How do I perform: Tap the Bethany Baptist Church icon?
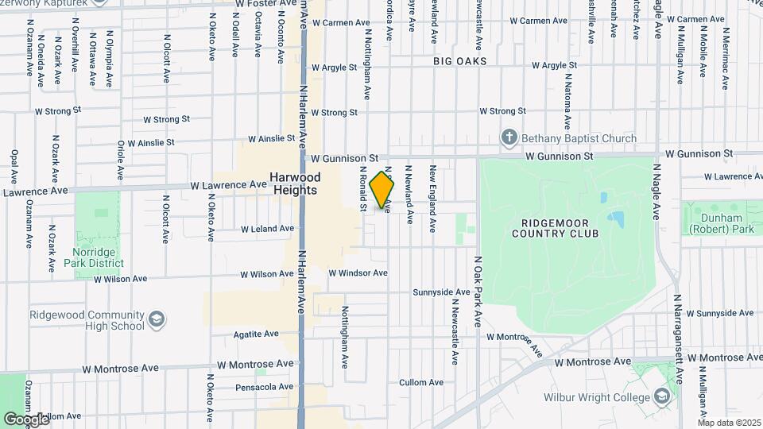click(x=509, y=138)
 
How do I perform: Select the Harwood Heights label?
click(x=294, y=184)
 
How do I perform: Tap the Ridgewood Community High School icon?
click(x=157, y=320)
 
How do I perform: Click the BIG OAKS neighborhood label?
click(x=459, y=61)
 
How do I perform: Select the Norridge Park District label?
click(x=95, y=257)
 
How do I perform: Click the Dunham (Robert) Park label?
click(x=721, y=223)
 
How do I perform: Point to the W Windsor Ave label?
click(x=358, y=273)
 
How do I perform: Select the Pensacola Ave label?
click(x=264, y=387)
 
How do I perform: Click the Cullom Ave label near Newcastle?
click(x=420, y=382)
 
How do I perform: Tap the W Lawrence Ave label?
click(x=227, y=184)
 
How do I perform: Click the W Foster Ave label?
click(x=265, y=4)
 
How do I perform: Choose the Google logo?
click(x=25, y=419)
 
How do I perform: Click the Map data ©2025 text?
click(x=729, y=423)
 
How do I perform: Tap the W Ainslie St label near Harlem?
click(x=272, y=138)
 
